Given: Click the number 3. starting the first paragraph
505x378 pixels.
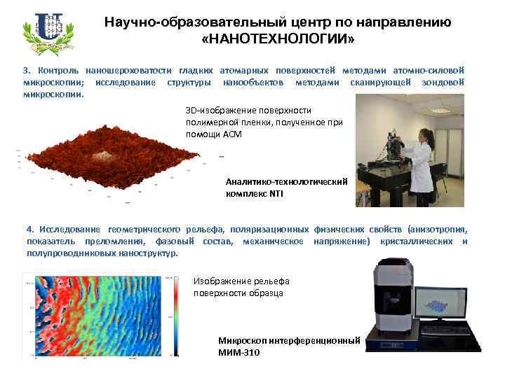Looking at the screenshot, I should tap(27, 71).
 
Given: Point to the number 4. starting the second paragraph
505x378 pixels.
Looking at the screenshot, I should tap(29, 230).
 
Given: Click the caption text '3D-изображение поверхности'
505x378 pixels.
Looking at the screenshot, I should tap(248, 111).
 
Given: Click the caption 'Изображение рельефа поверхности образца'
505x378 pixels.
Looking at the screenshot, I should tap(241, 287).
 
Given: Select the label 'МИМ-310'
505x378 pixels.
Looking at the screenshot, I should tap(239, 352).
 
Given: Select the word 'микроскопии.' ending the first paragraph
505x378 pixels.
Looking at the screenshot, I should tap(53, 93).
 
